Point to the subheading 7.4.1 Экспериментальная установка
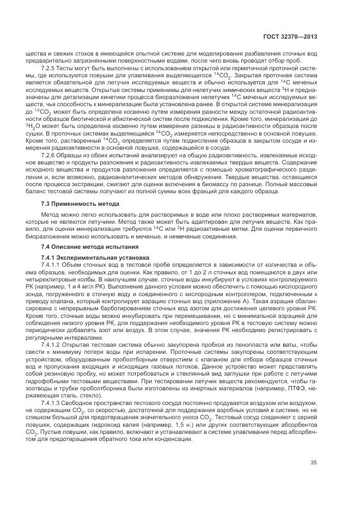tap(87, 256)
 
